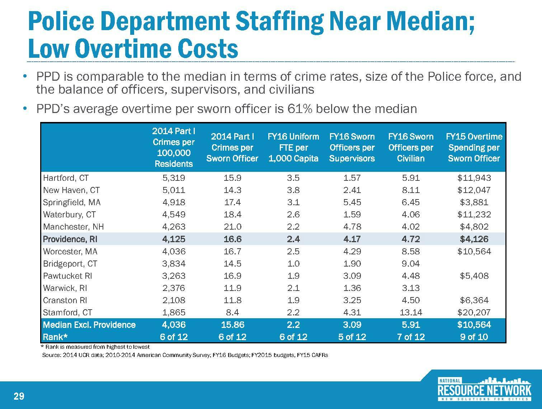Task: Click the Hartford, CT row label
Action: (x=66, y=178)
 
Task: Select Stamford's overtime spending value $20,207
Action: (x=474, y=312)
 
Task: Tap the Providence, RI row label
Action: (x=70, y=239)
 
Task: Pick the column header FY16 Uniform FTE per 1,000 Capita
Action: (x=293, y=147)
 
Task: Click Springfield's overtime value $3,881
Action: (x=474, y=202)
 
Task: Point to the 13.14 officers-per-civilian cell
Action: (x=411, y=312)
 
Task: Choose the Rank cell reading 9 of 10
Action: (x=474, y=337)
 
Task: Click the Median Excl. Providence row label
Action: (x=89, y=325)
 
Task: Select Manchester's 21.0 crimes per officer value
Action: (x=232, y=227)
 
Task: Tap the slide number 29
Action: (x=19, y=396)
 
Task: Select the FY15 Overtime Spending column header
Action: (x=474, y=147)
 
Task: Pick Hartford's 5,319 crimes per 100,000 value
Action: (x=174, y=178)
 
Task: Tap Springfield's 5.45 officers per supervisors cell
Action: (x=352, y=202)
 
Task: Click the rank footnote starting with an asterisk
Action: (x=96, y=347)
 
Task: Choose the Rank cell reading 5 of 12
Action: (x=352, y=337)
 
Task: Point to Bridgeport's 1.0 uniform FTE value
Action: (x=293, y=264)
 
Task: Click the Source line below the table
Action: (x=185, y=355)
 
